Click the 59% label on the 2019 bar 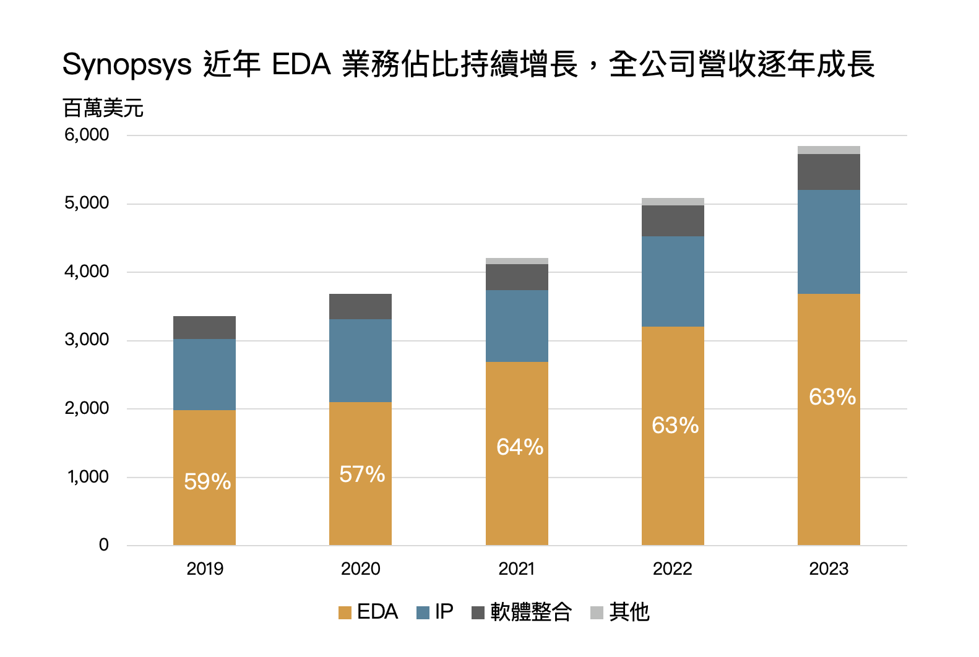pos(207,481)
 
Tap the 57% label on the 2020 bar pos(362,474)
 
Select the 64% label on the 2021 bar pos(520,447)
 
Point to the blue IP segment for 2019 pos(204,374)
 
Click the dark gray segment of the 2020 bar pos(360,306)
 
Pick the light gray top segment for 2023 pos(829,150)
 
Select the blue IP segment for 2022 pos(673,281)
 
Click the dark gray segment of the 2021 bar pos(517,277)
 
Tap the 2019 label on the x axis pos(205,569)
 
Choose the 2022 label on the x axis pos(672,569)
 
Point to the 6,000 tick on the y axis pos(87,134)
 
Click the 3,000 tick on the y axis pos(87,340)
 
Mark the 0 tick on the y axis pos(104,545)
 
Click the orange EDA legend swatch pos(345,612)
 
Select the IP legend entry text pos(444,612)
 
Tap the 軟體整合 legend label pos(531,612)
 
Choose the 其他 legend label pos(629,612)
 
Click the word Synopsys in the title pos(127,64)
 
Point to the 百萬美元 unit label pos(103,108)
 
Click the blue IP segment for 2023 pos(829,242)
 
